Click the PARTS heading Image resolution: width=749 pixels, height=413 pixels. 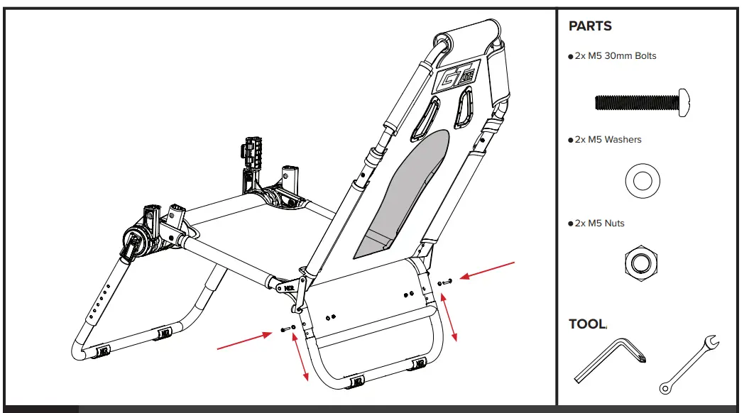click(590, 26)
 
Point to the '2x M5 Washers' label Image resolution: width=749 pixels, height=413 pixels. click(607, 140)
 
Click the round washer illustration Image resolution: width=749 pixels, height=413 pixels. click(643, 180)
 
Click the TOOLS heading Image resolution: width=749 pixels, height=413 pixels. click(588, 324)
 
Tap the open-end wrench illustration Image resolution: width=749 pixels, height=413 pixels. click(689, 363)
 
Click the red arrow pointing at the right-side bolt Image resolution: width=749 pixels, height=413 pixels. click(488, 270)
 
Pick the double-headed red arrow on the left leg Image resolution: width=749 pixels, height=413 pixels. click(300, 358)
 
